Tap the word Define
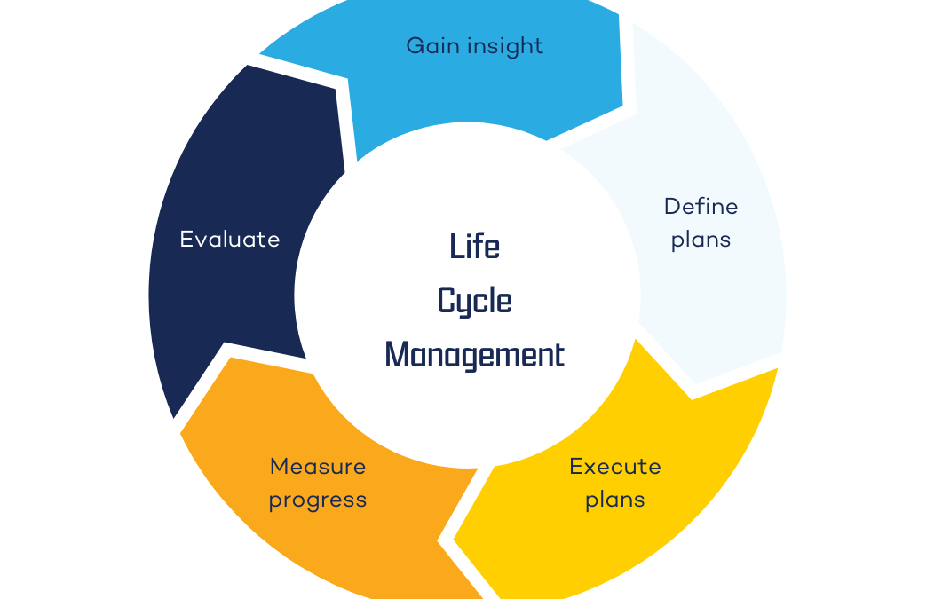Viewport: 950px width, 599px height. click(x=701, y=207)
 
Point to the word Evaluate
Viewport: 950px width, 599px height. click(x=230, y=239)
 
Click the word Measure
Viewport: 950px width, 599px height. click(x=318, y=466)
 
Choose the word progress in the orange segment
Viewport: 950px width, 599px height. click(x=318, y=500)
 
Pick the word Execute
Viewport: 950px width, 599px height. click(x=615, y=466)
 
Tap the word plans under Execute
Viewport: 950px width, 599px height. click(x=615, y=500)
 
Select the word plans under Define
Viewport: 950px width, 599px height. click(x=701, y=240)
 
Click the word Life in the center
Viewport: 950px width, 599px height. click(x=475, y=246)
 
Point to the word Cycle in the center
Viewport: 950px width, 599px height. click(x=475, y=301)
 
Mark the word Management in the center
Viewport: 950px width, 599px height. click(x=475, y=355)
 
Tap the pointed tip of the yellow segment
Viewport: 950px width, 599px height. click(x=455, y=540)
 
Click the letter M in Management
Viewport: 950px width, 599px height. click(x=396, y=355)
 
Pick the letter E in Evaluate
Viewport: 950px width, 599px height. click(x=186, y=239)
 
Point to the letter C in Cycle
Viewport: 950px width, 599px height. click(x=447, y=301)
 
